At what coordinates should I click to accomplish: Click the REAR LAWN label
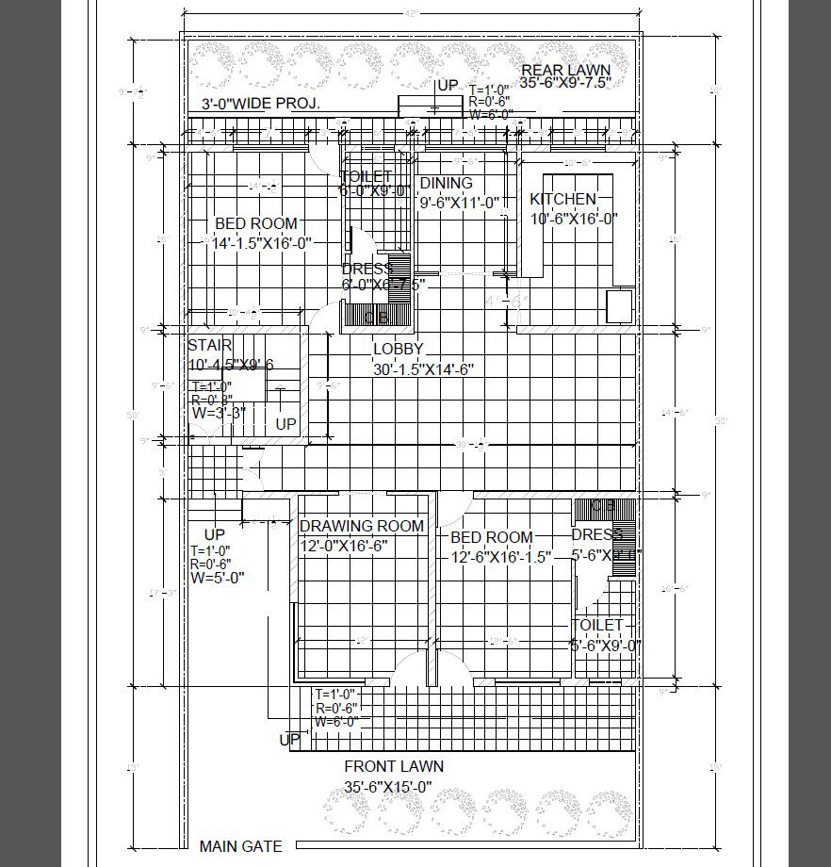(x=565, y=70)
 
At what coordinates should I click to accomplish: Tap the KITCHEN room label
(x=562, y=199)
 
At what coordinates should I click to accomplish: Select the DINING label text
(x=446, y=183)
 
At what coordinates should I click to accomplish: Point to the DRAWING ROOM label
(x=362, y=526)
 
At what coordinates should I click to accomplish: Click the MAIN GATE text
(x=240, y=846)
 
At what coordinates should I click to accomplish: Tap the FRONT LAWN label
(x=393, y=766)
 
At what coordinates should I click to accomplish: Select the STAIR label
(x=210, y=345)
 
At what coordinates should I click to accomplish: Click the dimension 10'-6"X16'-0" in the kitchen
(x=574, y=219)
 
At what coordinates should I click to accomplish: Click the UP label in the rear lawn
(x=447, y=86)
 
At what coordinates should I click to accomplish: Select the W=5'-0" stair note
(x=217, y=578)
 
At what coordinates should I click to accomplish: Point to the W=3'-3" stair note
(x=219, y=413)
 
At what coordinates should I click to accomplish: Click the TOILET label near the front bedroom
(x=597, y=626)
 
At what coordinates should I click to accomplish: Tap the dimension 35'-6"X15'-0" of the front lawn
(x=387, y=787)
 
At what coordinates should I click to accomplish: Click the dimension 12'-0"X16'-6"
(x=344, y=546)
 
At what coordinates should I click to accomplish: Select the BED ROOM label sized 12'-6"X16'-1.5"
(x=491, y=537)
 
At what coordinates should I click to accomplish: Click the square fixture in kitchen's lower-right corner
(x=620, y=306)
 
